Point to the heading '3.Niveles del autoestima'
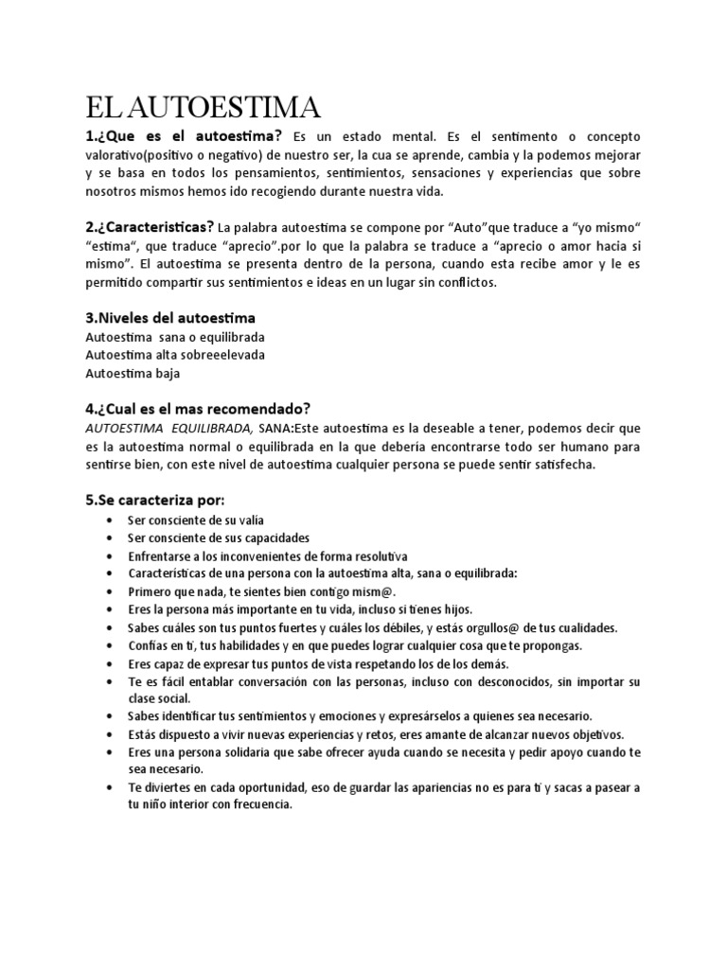click(169, 317)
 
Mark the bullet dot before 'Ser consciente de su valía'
click(112, 521)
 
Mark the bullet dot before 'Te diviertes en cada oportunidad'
click(112, 788)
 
